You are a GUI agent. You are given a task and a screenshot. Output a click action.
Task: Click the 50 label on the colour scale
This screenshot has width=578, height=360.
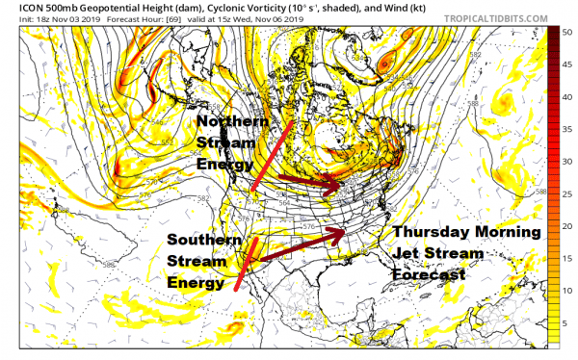(x=567, y=33)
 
